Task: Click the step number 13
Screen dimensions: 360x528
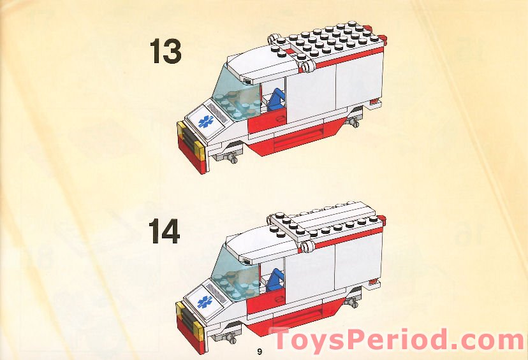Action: (x=165, y=51)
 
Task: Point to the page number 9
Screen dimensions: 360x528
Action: (x=260, y=352)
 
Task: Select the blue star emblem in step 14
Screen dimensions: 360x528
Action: (x=205, y=301)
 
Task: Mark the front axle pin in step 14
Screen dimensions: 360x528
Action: (x=231, y=335)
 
